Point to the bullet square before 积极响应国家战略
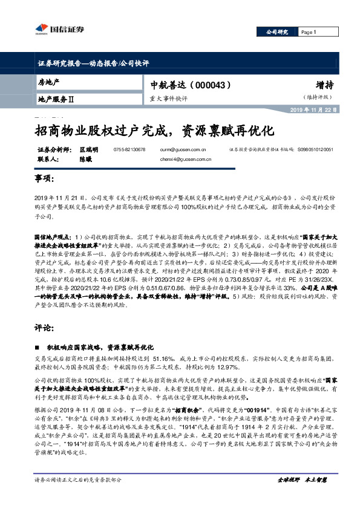[37, 348]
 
